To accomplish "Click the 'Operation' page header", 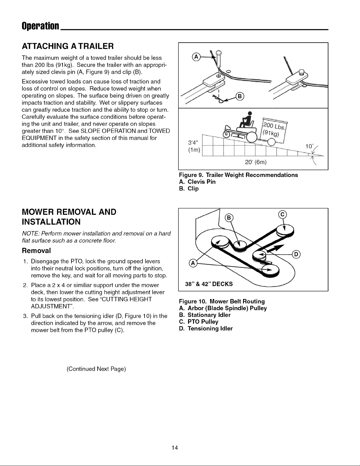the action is tap(40, 26).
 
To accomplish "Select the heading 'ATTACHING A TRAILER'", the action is tap(68, 46).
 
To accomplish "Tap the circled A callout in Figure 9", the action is tap(196, 57).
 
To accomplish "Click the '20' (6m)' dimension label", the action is tap(256, 162).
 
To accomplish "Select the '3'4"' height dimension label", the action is tap(193, 142).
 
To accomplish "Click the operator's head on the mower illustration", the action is tap(250, 113).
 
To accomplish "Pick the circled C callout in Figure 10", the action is tap(283, 215).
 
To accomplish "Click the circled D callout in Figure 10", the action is tap(296, 254).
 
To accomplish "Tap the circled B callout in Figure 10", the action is tap(229, 218).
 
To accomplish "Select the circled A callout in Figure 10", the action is tap(193, 263).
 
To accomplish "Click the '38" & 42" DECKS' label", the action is tap(209, 284).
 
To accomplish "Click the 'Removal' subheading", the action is tap(36, 250).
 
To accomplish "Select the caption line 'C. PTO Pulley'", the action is tap(199, 322).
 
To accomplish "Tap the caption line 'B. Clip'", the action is tap(189, 188).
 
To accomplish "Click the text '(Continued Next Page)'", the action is tap(96, 369).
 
